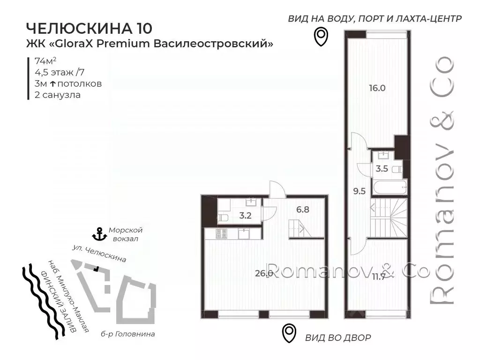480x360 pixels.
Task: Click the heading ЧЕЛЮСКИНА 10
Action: [x=89, y=28]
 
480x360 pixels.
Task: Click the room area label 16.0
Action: [x=377, y=87]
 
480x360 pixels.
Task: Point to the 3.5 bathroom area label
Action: [x=382, y=169]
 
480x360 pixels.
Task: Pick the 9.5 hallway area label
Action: [x=359, y=191]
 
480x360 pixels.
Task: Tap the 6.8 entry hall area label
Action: [x=302, y=210]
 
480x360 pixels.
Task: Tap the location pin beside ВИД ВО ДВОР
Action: [x=289, y=333]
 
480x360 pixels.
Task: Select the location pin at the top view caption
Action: [x=320, y=37]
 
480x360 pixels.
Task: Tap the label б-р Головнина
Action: [x=134, y=334]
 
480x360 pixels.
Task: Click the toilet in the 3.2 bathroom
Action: [x=223, y=217]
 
